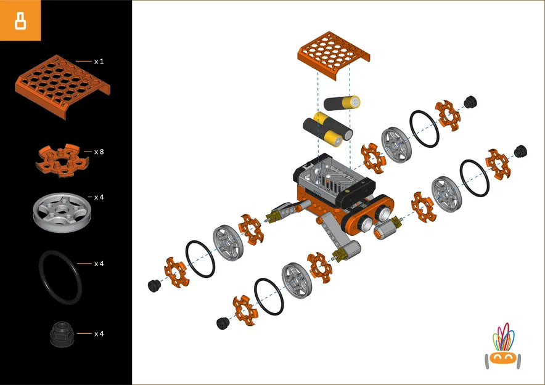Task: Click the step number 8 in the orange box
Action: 20,20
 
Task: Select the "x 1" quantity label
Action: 99,62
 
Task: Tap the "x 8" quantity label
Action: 99,152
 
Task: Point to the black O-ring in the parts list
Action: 60,277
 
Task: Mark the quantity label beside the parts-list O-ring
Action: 99,264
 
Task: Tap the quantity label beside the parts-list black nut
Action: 99,334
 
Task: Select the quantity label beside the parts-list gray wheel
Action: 99,197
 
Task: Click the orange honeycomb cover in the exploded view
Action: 334,55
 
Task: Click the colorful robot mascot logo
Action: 504,348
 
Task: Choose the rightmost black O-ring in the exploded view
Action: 474,178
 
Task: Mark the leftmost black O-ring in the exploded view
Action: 200,259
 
